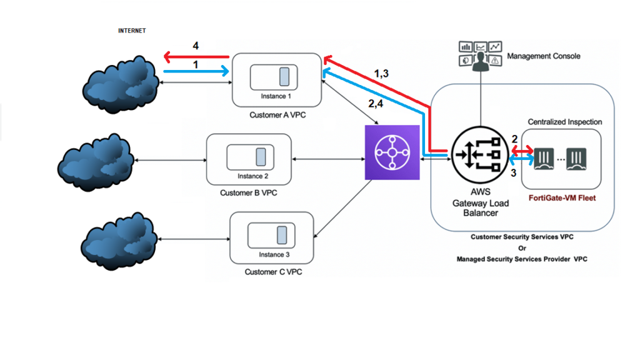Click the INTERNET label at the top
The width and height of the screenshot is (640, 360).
(132, 30)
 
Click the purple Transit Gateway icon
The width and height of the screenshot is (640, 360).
(391, 151)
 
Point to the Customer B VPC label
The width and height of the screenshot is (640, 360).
(248, 193)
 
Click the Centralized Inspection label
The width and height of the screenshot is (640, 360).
(565, 121)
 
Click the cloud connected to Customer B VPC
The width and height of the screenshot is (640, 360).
(96, 162)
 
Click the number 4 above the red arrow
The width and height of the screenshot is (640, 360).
(196, 46)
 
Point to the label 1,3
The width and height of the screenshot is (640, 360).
(381, 74)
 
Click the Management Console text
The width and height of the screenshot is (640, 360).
(543, 56)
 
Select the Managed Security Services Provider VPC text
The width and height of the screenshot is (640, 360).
(522, 259)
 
